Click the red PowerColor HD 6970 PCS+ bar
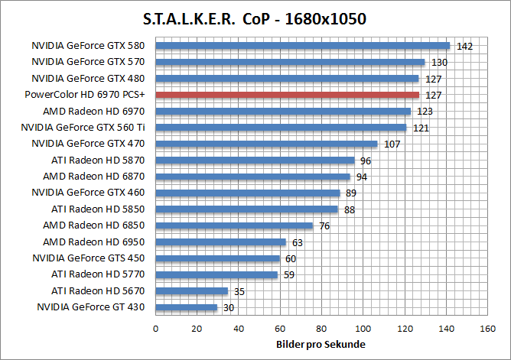(287, 95)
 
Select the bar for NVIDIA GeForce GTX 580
(302, 46)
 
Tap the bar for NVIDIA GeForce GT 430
(187, 307)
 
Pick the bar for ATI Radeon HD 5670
(192, 291)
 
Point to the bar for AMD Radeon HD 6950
(220, 242)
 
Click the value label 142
(464, 47)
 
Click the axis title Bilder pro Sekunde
(321, 345)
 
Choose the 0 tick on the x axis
(156, 329)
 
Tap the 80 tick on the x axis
(321, 329)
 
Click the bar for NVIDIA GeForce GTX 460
(248, 193)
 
